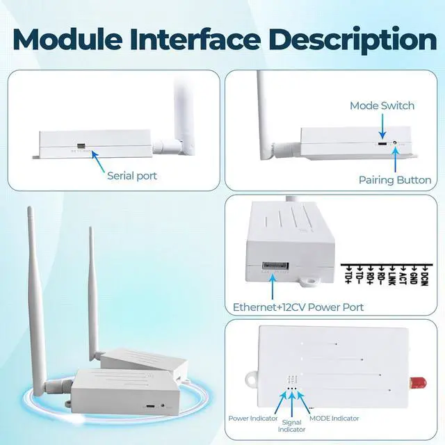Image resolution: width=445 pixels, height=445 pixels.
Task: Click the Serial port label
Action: (x=131, y=176)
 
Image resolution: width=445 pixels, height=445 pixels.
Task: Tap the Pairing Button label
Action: (x=395, y=180)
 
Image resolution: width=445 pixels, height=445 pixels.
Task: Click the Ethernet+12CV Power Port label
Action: (x=298, y=307)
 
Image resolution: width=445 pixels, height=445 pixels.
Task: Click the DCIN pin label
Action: (x=424, y=277)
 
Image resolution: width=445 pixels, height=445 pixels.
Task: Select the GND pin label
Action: (x=414, y=277)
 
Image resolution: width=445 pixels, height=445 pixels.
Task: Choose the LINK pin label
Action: (x=391, y=277)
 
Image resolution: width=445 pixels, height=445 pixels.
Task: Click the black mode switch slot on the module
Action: (x=382, y=145)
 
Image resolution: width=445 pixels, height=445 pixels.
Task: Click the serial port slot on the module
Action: (x=81, y=147)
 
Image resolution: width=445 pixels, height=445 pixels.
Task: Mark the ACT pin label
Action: (x=403, y=277)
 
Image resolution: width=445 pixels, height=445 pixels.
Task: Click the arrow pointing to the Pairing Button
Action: (x=396, y=159)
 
